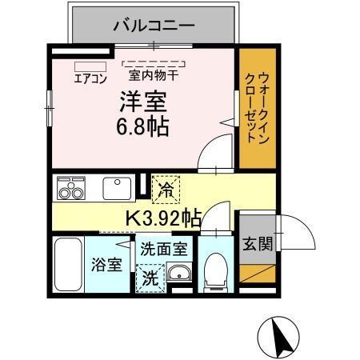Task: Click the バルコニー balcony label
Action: click(154, 26)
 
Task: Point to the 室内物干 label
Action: click(154, 78)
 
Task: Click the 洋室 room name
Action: click(143, 102)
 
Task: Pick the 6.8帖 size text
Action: click(144, 126)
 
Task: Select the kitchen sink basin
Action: click(117, 188)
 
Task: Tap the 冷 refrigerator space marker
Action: click(166, 189)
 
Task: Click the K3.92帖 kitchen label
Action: click(163, 216)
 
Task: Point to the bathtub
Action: click(69, 264)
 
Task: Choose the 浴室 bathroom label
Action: click(107, 264)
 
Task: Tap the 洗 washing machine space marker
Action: click(150, 279)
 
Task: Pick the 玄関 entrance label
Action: click(257, 242)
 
